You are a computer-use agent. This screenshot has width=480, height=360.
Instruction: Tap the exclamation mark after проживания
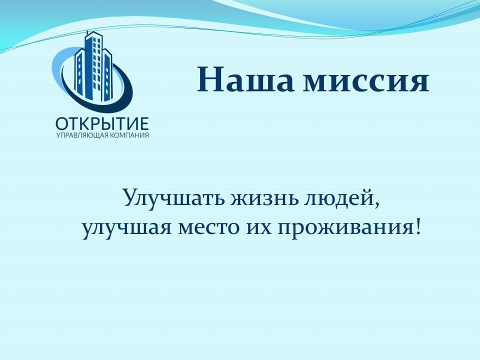[x=417, y=227]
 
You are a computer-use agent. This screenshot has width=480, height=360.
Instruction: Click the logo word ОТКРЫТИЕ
[x=102, y=124]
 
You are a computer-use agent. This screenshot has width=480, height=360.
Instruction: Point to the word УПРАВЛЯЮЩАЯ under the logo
[x=82, y=135]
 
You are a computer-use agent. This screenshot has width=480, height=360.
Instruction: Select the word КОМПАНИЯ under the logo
[x=129, y=135]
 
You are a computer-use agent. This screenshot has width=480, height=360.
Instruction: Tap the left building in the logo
[x=79, y=73]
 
